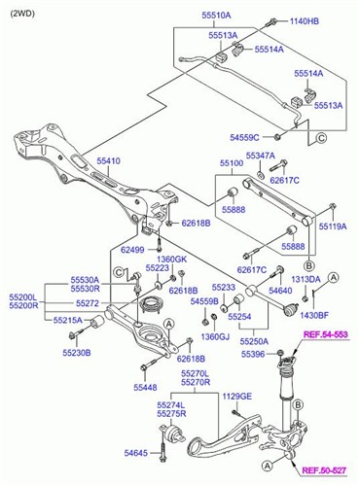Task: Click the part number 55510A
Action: pyautogui.click(x=216, y=16)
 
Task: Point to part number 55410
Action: pyautogui.click(x=108, y=160)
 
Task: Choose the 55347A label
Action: pyautogui.click(x=260, y=155)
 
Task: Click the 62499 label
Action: pyautogui.click(x=132, y=249)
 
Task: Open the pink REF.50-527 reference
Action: pyautogui.click(x=324, y=470)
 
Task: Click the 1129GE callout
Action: pyautogui.click(x=234, y=396)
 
